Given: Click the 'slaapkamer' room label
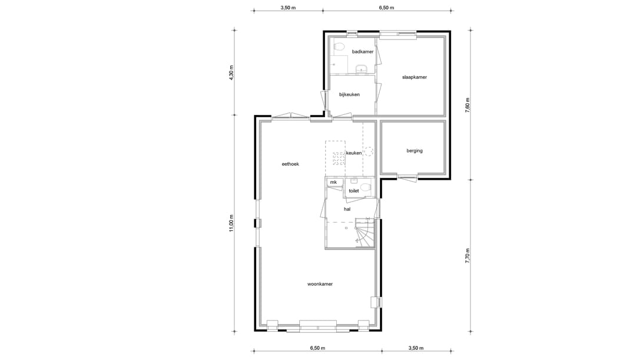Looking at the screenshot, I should tap(414, 77).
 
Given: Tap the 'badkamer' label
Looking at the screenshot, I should tap(363, 52).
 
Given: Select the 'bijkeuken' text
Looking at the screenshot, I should tap(349, 94).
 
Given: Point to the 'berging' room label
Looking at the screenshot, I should tap(414, 151).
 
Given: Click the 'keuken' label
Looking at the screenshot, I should tap(354, 153).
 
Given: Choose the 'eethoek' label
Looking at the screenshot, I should tap(290, 164).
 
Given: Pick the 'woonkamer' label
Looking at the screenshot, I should tap(320, 284).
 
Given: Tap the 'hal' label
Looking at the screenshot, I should tap(347, 209).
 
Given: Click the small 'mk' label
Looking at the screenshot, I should tap(333, 183).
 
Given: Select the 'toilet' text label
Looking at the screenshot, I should tap(353, 191).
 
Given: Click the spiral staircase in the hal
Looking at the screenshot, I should tap(363, 233).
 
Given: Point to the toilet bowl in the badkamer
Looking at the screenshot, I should tap(339, 47).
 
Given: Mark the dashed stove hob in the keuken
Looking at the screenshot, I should tap(339, 158).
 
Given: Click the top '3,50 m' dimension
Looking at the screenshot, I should tap(287, 8).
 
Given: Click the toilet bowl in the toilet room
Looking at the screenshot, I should tap(366, 187).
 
